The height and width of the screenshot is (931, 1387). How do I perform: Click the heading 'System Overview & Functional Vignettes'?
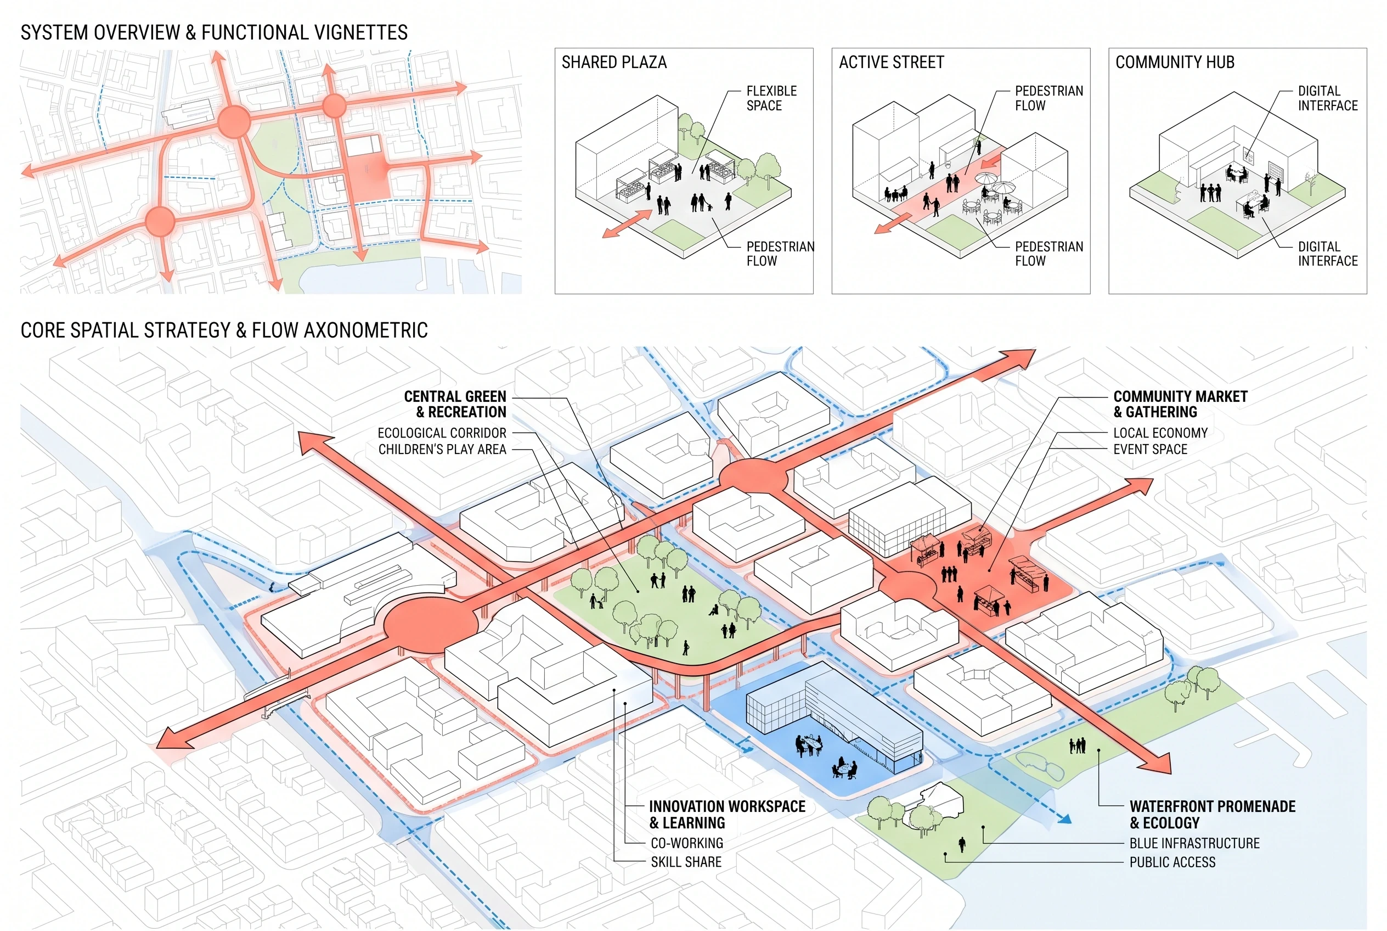[x=215, y=32]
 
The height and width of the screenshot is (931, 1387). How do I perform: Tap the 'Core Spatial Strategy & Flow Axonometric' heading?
[x=224, y=330]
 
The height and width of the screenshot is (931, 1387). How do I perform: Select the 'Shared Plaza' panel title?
[x=614, y=63]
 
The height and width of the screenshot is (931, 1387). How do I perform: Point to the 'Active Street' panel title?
[x=892, y=63]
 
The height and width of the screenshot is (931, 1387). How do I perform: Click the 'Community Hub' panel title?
[x=1175, y=63]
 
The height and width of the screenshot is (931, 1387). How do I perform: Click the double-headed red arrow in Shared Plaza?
[x=627, y=224]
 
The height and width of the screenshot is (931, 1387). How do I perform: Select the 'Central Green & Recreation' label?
[x=455, y=405]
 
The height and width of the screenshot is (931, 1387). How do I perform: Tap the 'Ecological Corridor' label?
[x=442, y=433]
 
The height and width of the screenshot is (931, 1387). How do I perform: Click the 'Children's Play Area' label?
[x=443, y=450]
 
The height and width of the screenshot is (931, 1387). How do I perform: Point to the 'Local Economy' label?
[x=1160, y=433]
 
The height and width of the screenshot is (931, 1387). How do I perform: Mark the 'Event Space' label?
[x=1150, y=450]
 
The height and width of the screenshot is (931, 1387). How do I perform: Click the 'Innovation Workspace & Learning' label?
[x=728, y=815]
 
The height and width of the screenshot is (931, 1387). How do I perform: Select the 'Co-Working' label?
[x=687, y=843]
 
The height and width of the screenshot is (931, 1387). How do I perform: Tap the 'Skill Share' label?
[x=686, y=862]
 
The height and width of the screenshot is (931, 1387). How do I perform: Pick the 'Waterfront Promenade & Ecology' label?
[x=1213, y=815]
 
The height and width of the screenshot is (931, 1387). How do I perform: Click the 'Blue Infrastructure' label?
[x=1195, y=843]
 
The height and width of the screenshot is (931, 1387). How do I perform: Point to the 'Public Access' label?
[x=1172, y=862]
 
